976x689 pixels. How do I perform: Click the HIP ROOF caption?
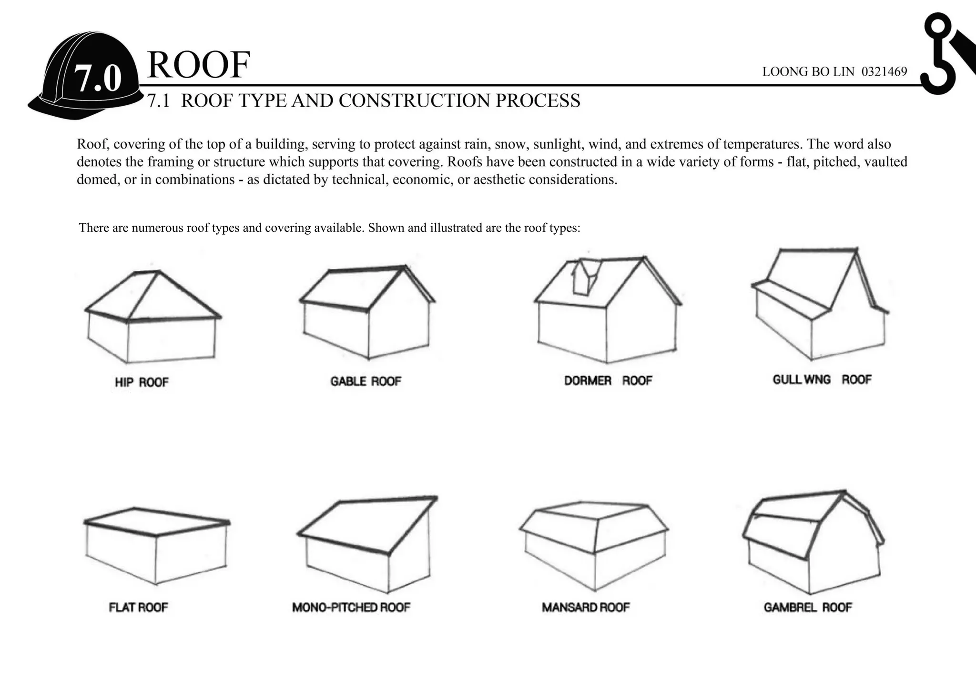(142, 382)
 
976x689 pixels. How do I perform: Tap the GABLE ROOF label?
(366, 381)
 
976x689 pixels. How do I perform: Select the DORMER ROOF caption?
(608, 381)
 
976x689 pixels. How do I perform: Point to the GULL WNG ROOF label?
(822, 380)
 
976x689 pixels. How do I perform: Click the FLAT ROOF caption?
(138, 608)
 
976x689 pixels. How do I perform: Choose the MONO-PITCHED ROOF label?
(351, 608)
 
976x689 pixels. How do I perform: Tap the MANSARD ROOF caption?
(586, 608)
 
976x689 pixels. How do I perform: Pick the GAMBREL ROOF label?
(807, 608)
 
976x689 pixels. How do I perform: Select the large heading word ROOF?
(198, 65)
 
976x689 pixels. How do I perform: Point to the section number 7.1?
(158, 101)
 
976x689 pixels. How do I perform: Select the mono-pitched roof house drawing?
(367, 543)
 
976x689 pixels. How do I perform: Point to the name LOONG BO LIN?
(808, 72)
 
